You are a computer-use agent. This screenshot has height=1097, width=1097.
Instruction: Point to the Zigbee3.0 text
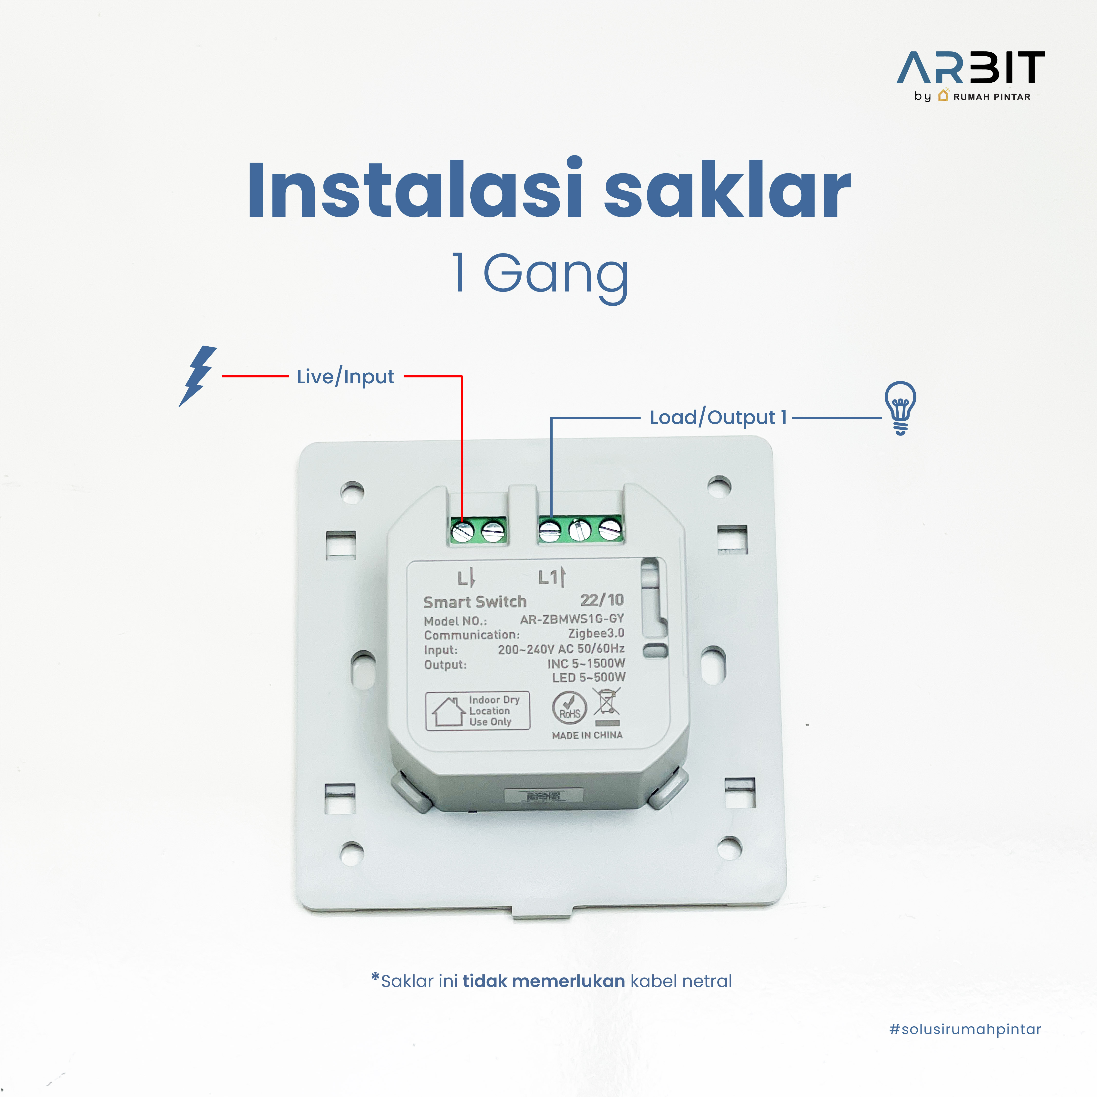pyautogui.click(x=596, y=633)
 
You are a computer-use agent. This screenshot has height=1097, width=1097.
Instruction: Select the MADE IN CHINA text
pyautogui.click(x=587, y=735)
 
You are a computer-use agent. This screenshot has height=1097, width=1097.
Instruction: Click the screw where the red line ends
pyautogui.click(x=462, y=532)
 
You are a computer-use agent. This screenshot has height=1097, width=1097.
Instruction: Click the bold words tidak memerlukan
pyautogui.click(x=544, y=981)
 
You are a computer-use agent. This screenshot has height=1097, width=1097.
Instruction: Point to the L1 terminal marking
pyautogui.click(x=552, y=577)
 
